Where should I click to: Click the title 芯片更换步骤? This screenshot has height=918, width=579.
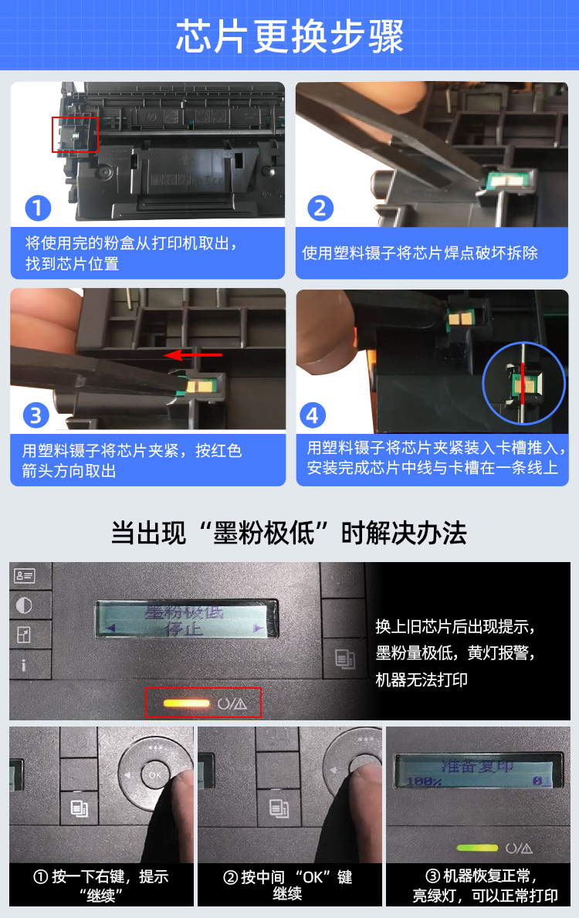(289, 36)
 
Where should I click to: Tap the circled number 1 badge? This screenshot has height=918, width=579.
(38, 208)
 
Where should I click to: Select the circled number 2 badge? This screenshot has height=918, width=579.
(320, 208)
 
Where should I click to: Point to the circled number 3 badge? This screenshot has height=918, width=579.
(36, 415)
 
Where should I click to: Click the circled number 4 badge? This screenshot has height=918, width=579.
(313, 415)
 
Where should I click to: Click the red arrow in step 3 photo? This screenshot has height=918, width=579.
(192, 355)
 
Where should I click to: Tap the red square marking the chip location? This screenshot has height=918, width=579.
(75, 134)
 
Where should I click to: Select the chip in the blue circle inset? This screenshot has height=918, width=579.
(523, 384)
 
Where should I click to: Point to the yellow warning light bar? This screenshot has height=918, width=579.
(186, 703)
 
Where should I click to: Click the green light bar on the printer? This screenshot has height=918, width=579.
(476, 847)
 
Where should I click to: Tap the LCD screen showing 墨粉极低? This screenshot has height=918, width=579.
(186, 619)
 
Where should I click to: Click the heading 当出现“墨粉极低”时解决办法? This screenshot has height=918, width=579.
(289, 533)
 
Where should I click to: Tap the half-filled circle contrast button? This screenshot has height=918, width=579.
(24, 605)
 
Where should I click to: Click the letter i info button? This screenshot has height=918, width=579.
(23, 665)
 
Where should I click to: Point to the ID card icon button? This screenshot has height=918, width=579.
(24, 576)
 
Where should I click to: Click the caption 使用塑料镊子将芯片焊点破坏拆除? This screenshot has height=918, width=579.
(420, 253)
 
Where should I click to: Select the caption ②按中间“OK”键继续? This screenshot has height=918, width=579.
(287, 885)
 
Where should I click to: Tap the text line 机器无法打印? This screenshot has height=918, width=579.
(422, 679)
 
